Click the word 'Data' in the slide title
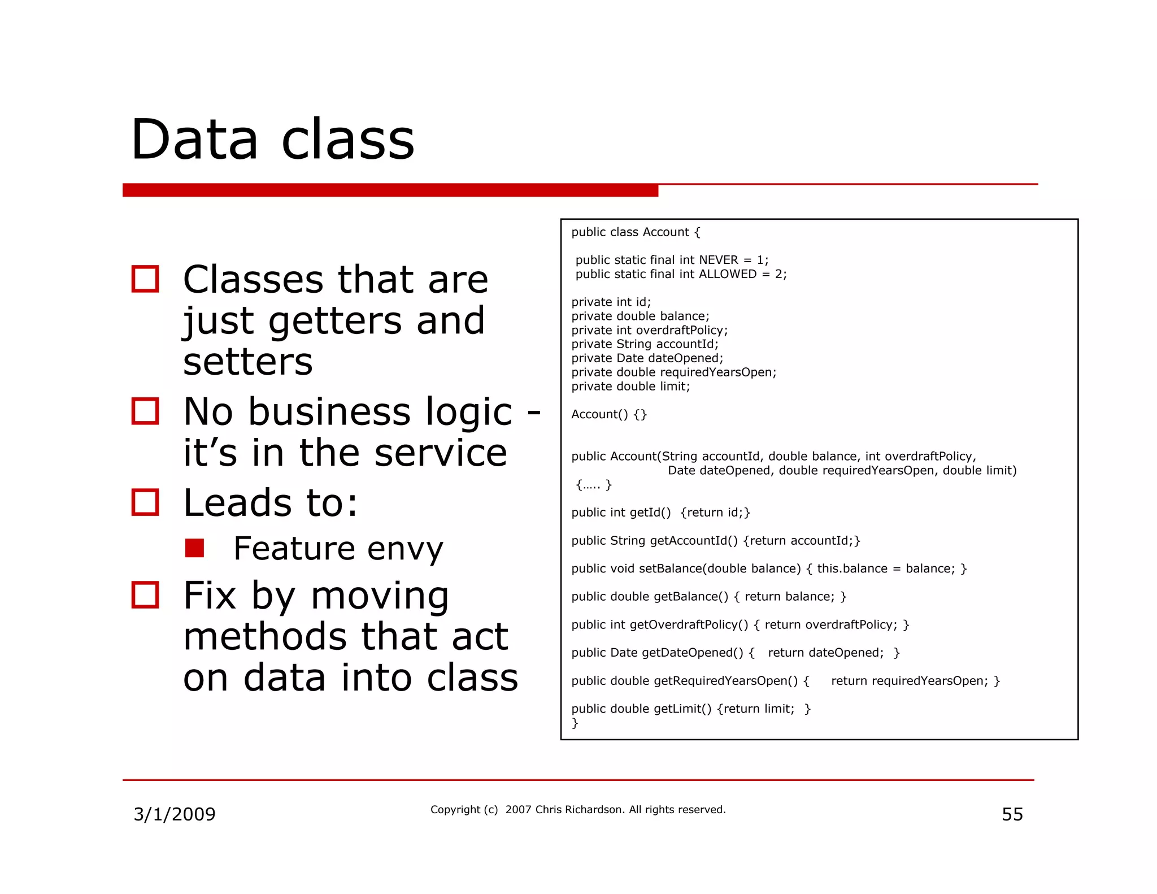(x=194, y=139)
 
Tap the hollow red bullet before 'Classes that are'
(x=145, y=279)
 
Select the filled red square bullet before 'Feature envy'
(x=194, y=548)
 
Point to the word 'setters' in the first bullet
(x=247, y=362)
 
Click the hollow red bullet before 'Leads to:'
(x=145, y=502)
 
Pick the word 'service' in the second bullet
(x=441, y=453)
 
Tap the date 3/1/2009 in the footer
(x=174, y=814)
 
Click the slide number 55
(x=1012, y=814)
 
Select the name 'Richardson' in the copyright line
(x=594, y=809)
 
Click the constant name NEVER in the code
(x=718, y=260)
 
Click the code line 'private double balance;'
(x=640, y=316)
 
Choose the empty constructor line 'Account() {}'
(x=608, y=414)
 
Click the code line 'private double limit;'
(x=630, y=387)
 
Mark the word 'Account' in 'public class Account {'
(x=666, y=232)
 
